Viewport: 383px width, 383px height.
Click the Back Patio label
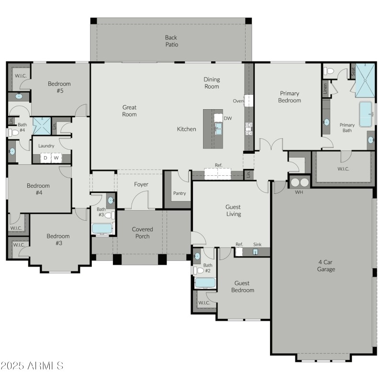pos(171,41)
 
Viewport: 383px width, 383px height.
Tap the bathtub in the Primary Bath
pos(367,114)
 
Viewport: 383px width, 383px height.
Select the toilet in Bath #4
pos(13,132)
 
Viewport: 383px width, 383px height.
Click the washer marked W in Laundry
pos(56,158)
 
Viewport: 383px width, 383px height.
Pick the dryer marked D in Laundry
pos(45,158)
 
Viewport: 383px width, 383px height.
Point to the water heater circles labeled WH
pos(299,182)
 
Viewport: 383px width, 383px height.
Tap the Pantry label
pos(179,193)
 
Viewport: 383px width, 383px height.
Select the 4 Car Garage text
pos(326,266)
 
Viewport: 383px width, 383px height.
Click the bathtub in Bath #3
pos(101,228)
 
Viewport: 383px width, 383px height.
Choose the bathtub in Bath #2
pos(205,282)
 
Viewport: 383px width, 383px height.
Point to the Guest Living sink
pos(255,252)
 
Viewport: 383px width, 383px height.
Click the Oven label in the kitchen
pos(238,101)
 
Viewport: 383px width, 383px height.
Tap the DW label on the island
pos(228,118)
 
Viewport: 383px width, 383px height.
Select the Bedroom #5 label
pos(59,87)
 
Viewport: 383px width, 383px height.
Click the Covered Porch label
pos(142,233)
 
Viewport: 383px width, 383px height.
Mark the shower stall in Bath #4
pos(41,126)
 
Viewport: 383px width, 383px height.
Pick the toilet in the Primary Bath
pos(329,71)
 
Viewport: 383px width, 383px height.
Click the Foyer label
pos(141,184)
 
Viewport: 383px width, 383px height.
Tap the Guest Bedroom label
pos(243,287)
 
